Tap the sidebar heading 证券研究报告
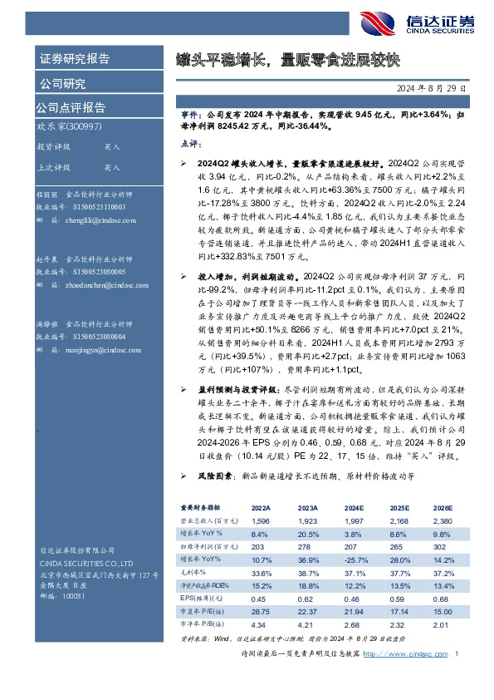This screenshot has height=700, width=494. pyautogui.click(x=75, y=59)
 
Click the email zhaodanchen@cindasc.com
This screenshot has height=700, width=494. pyautogui.click(x=100, y=284)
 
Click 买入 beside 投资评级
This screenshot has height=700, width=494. pyautogui.click(x=89, y=145)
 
